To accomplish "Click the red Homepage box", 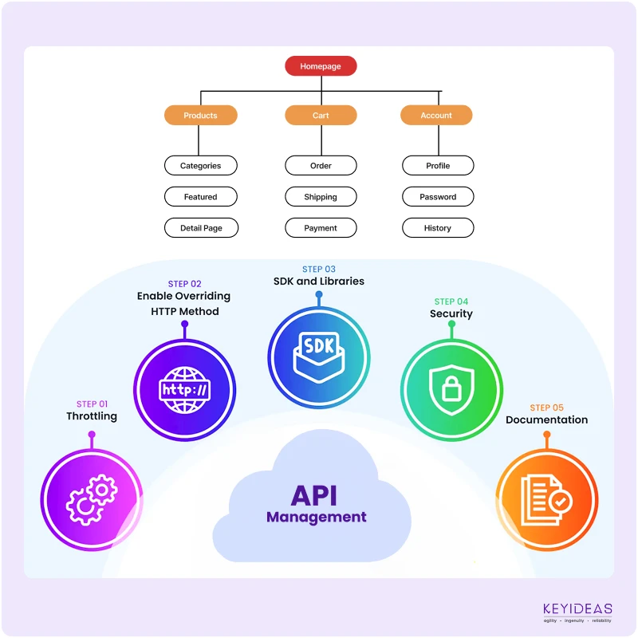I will (x=321, y=66).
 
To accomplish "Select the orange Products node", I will (x=201, y=116).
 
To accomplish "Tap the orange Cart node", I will (x=321, y=116).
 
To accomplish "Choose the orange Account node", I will (x=436, y=116).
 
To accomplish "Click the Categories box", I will (x=201, y=166).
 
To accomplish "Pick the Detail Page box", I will (x=201, y=228).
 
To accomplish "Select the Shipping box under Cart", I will (x=321, y=197).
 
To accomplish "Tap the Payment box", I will (x=321, y=228).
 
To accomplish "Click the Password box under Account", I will (x=438, y=197).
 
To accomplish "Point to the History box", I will (x=438, y=228).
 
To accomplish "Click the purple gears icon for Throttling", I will (x=92, y=500).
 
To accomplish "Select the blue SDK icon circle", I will (x=318, y=356).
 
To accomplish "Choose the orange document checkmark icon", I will (x=546, y=500).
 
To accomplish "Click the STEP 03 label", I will (x=318, y=270).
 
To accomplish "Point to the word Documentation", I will (x=546, y=420).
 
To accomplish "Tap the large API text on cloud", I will (x=314, y=495).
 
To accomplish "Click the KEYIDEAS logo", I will (x=577, y=612).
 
